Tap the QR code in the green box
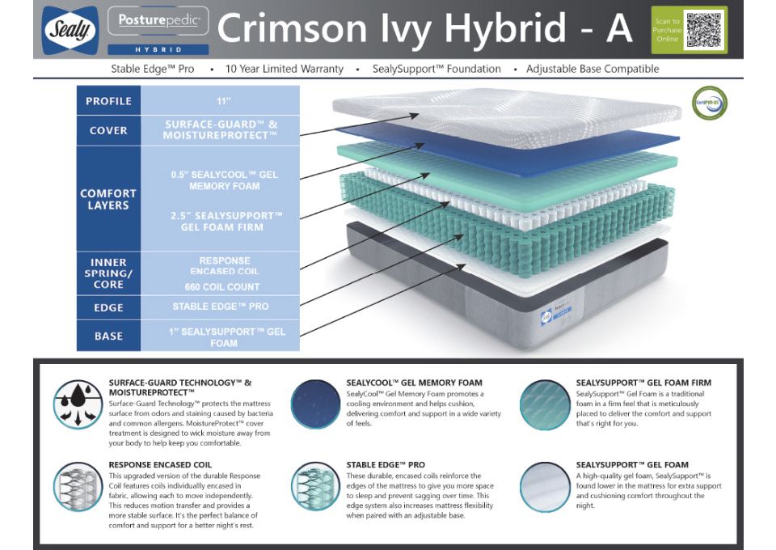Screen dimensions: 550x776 pyautogui.click(x=701, y=29)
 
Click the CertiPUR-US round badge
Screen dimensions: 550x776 pyautogui.click(x=709, y=103)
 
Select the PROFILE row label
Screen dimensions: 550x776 pyautogui.click(x=108, y=101)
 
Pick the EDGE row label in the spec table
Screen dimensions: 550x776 pyautogui.click(x=108, y=307)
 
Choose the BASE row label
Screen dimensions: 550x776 pyautogui.click(x=108, y=336)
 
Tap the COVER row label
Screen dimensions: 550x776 pyautogui.click(x=108, y=130)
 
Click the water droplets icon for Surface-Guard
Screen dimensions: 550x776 pyautogui.click(x=78, y=403)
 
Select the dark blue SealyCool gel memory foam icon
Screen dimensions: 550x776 pyautogui.click(x=315, y=403)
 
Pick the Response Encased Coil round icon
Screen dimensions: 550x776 pyautogui.click(x=78, y=485)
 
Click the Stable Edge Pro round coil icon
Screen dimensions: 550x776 pyautogui.click(x=315, y=485)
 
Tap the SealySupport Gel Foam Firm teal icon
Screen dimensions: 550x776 pyautogui.click(x=545, y=403)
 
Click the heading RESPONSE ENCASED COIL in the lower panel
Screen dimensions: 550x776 pyautogui.click(x=160, y=465)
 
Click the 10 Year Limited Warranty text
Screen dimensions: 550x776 pyautogui.click(x=285, y=69)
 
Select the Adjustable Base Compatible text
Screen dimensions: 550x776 pyautogui.click(x=593, y=69)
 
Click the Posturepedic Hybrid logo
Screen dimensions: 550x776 pyautogui.click(x=158, y=29)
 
